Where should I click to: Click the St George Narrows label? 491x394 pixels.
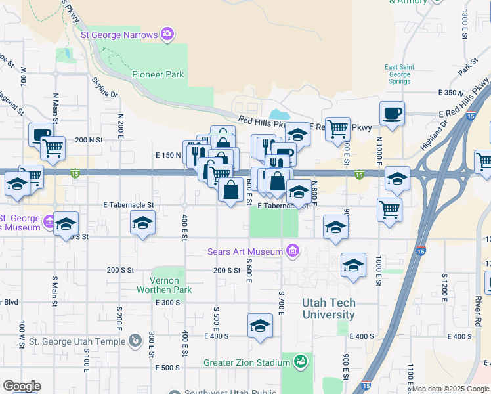click(x=118, y=34)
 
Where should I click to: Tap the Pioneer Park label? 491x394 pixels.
click(x=158, y=74)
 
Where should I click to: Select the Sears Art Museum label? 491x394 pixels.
click(x=245, y=252)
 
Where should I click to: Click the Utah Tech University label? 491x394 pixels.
click(x=329, y=309)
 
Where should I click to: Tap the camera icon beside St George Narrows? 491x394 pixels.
click(x=167, y=33)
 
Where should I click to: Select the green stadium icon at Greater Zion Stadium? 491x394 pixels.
click(x=301, y=361)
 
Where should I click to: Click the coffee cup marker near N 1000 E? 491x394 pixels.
click(x=392, y=113)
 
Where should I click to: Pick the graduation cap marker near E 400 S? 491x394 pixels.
click(x=260, y=325)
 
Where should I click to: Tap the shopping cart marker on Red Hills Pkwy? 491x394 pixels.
click(x=337, y=128)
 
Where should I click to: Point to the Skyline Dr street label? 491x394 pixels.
click(x=105, y=86)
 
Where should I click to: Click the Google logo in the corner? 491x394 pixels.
click(x=22, y=386)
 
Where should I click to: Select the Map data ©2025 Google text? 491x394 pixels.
click(x=450, y=389)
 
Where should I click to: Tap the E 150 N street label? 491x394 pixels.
click(x=168, y=155)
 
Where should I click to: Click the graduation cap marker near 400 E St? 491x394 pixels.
click(x=142, y=223)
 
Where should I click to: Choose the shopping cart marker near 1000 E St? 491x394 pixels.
click(x=390, y=210)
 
